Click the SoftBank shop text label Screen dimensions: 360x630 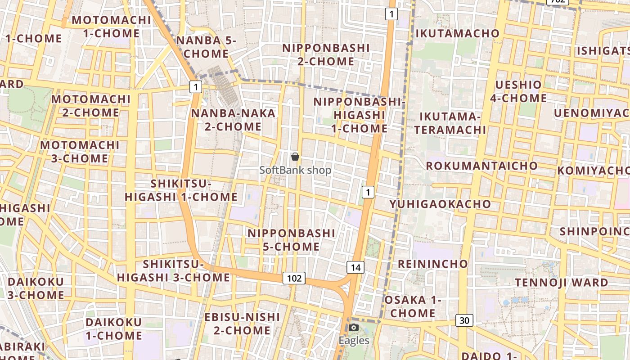click(x=295, y=170)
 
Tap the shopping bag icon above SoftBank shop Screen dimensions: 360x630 click(x=295, y=157)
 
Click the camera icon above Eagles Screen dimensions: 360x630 click(x=354, y=327)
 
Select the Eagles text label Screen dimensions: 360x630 click(x=354, y=341)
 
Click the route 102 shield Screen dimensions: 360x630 click(x=294, y=278)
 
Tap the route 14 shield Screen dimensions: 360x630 click(x=355, y=267)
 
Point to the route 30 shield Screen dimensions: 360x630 click(x=464, y=320)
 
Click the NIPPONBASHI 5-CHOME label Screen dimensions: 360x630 click(x=291, y=240)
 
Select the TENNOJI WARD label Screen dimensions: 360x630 click(x=562, y=283)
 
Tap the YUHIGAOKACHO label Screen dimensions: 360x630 click(x=440, y=204)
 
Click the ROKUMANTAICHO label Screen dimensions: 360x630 click(x=482, y=166)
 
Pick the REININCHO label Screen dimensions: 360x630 click(x=433, y=264)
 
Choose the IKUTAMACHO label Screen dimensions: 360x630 click(x=458, y=33)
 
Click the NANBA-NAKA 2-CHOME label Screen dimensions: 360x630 click(x=233, y=120)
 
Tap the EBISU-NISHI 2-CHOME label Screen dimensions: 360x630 click(x=242, y=324)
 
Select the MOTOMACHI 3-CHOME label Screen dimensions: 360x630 click(x=80, y=152)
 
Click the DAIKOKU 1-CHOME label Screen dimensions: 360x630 click(x=113, y=329)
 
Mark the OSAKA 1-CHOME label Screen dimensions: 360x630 click(x=412, y=306)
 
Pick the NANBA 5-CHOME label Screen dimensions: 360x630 click(x=206, y=47)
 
